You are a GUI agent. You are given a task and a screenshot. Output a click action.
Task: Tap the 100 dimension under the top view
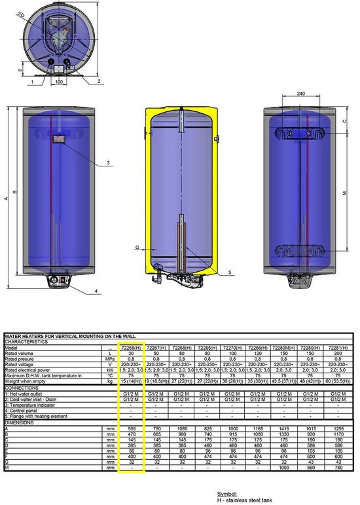click(x=58, y=82)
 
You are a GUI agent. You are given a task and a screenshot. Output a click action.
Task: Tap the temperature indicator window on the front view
click(x=58, y=139)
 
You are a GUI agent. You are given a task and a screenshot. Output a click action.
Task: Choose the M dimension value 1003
click(x=288, y=468)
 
